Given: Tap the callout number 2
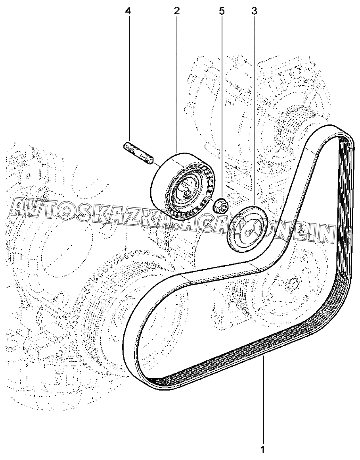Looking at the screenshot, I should pyautogui.click(x=176, y=11).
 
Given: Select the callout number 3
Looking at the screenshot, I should pyautogui.click(x=254, y=11).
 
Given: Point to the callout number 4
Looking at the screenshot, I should pyautogui.click(x=128, y=11).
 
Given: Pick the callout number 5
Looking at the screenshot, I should pyautogui.click(x=222, y=11).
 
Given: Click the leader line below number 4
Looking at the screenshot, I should pyautogui.click(x=128, y=79).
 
